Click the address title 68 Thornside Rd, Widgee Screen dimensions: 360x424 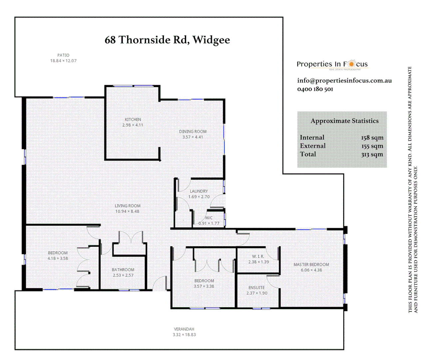pos(167,40)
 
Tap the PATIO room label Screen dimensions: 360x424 pos(63,55)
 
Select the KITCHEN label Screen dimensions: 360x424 pos(133,119)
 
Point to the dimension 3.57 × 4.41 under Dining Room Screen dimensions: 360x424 pos(193,137)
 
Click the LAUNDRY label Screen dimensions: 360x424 pos(199,191)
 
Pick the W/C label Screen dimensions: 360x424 pos(209,218)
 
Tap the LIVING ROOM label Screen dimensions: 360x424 pos(128,206)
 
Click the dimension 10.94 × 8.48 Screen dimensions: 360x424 pos(127,211)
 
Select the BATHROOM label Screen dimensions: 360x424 pos(123,270)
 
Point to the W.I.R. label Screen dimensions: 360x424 pos(258,256)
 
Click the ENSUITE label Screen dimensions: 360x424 pos(256,288)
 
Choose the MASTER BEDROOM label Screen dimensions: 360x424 pos(311,265)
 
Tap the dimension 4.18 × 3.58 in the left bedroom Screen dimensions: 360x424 pos(58,258)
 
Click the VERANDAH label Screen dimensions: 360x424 pos(184,329)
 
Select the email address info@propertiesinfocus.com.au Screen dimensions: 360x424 pos(344,81)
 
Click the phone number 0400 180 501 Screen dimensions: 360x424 pos(315,89)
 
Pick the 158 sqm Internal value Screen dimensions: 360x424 pos(372,138)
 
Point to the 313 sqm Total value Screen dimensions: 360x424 pos(372,154)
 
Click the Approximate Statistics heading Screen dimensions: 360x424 pos(344,121)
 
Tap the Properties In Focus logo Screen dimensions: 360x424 pos(332,64)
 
